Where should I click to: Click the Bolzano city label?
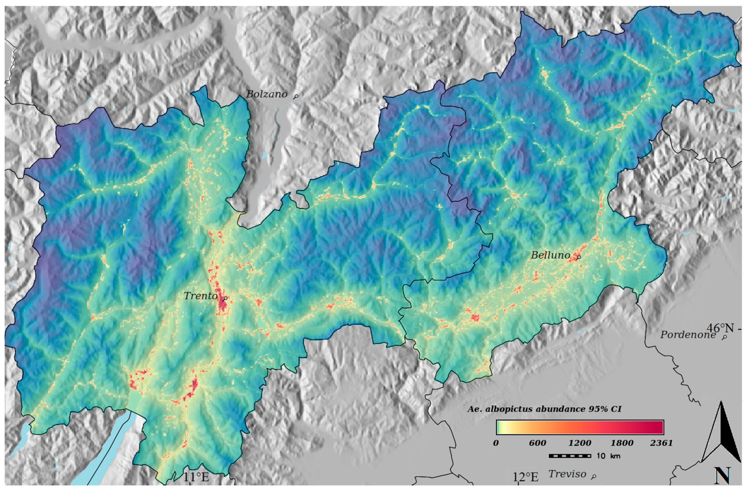click(x=267, y=94)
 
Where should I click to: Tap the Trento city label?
click(x=201, y=296)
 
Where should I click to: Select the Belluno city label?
click(x=550, y=255)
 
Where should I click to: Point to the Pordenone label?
click(x=688, y=335)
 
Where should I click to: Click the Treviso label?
click(x=567, y=474)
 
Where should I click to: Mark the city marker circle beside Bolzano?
click(x=295, y=97)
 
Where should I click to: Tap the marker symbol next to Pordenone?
click(x=724, y=338)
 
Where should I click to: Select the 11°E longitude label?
click(x=196, y=477)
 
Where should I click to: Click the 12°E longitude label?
click(x=525, y=477)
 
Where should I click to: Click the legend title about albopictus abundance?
click(x=544, y=409)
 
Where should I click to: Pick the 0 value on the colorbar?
click(x=496, y=443)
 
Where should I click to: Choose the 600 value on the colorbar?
click(x=537, y=443)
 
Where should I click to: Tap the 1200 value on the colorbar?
click(x=580, y=443)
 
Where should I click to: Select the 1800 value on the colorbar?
click(x=622, y=443)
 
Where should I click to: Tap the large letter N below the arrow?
click(x=722, y=476)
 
